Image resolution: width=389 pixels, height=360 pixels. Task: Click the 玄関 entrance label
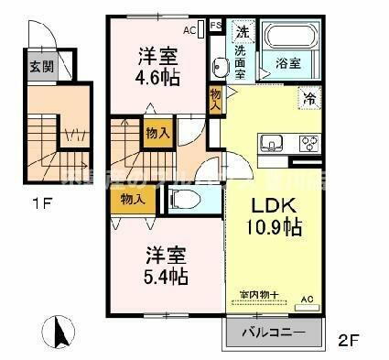[39, 66]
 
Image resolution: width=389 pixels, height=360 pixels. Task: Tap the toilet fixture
[183, 201]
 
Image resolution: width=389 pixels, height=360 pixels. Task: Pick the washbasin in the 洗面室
[221, 66]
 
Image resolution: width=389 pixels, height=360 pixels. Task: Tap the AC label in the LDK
[307, 299]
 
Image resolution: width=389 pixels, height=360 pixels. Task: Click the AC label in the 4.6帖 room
[189, 30]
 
